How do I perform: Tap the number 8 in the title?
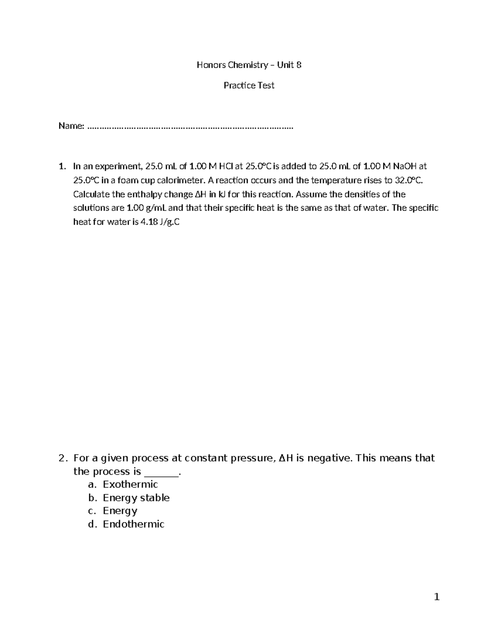pyautogui.click(x=299, y=65)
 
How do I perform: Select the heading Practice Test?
pyautogui.click(x=249, y=85)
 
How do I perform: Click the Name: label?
pyautogui.click(x=71, y=126)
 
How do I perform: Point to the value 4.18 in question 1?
pyautogui.click(x=149, y=222)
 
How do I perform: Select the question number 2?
pyautogui.click(x=62, y=458)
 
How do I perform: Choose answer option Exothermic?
pyautogui.click(x=130, y=484)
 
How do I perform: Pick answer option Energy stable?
pyautogui.click(x=136, y=498)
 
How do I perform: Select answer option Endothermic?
pyautogui.click(x=133, y=524)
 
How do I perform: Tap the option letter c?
pyautogui.click(x=92, y=511)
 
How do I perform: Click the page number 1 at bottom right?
pyautogui.click(x=436, y=597)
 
